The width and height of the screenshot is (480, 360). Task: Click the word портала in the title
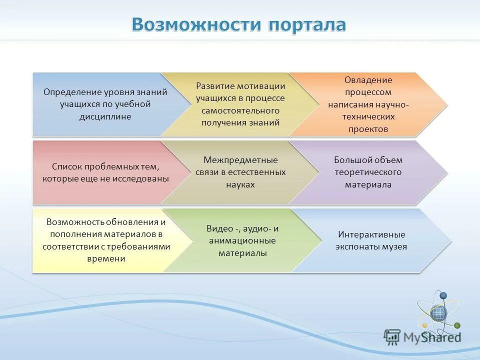click(306, 24)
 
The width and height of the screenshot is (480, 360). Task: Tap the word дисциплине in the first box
click(105, 116)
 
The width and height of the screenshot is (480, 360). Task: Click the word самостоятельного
click(240, 110)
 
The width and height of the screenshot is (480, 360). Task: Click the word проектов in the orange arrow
click(368, 128)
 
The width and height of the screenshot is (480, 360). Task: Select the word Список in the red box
click(66, 166)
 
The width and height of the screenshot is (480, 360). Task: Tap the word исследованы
click(144, 178)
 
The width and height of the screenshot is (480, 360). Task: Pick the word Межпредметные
click(240, 160)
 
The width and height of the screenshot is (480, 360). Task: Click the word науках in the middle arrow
click(240, 184)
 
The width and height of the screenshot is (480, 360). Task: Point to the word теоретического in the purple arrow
click(368, 172)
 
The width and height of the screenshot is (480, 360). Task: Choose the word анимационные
click(242, 240)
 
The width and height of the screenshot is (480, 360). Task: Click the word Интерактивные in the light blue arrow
click(371, 234)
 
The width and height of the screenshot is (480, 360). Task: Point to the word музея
click(394, 246)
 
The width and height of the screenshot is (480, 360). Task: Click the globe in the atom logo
click(438, 313)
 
